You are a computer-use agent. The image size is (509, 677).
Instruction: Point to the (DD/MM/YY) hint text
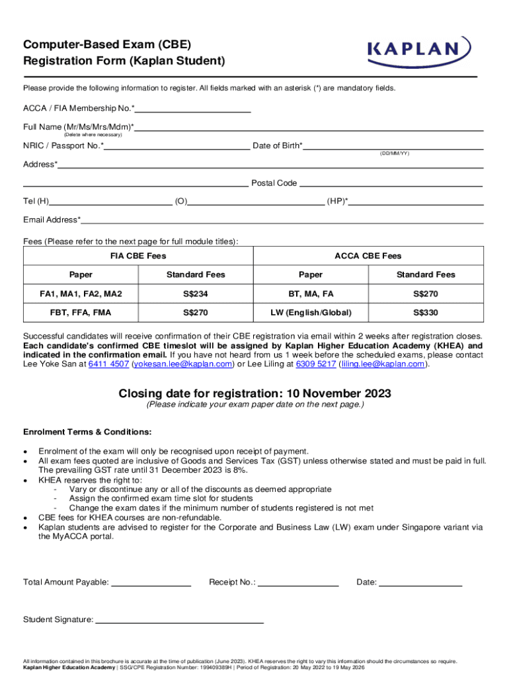click(x=394, y=153)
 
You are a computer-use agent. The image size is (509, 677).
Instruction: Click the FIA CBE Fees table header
click(x=137, y=256)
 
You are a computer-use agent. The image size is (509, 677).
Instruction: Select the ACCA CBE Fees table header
click(x=368, y=256)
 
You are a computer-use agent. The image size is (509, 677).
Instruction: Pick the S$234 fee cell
click(x=196, y=294)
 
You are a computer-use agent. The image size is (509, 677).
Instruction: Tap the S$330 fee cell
click(x=426, y=312)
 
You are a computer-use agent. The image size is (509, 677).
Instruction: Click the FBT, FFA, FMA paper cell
click(x=81, y=312)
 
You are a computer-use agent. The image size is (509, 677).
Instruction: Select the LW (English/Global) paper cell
click(x=311, y=312)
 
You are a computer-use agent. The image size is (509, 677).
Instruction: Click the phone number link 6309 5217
click(x=315, y=364)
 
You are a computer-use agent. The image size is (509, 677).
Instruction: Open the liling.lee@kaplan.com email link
click(x=383, y=364)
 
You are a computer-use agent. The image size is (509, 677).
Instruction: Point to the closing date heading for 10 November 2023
click(x=255, y=394)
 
